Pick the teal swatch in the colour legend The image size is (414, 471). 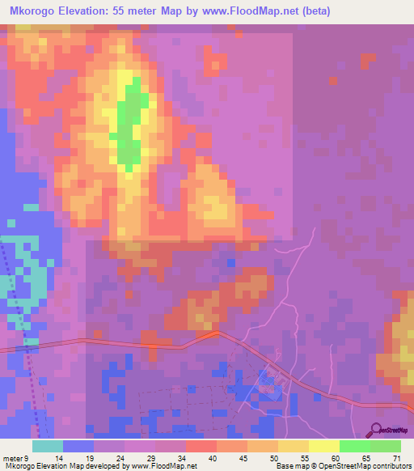48,446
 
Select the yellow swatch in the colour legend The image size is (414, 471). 323,446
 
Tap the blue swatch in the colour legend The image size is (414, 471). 78,446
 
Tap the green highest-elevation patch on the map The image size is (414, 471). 129,121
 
